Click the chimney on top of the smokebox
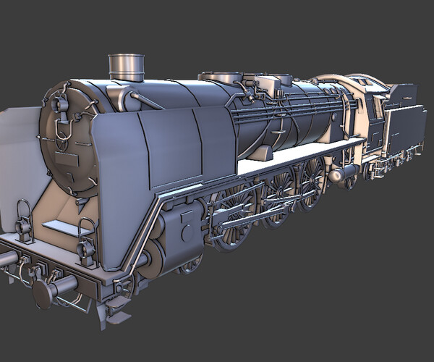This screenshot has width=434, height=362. pyautogui.click(x=127, y=67)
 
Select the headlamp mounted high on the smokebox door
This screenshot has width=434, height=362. pyautogui.click(x=59, y=104)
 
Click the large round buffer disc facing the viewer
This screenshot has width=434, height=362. pyautogui.click(x=43, y=293)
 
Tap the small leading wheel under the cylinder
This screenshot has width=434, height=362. pyautogui.click(x=190, y=264)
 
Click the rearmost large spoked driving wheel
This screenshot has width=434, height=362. pyautogui.click(x=312, y=181)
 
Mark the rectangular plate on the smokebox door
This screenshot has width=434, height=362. pyautogui.click(x=66, y=161)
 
